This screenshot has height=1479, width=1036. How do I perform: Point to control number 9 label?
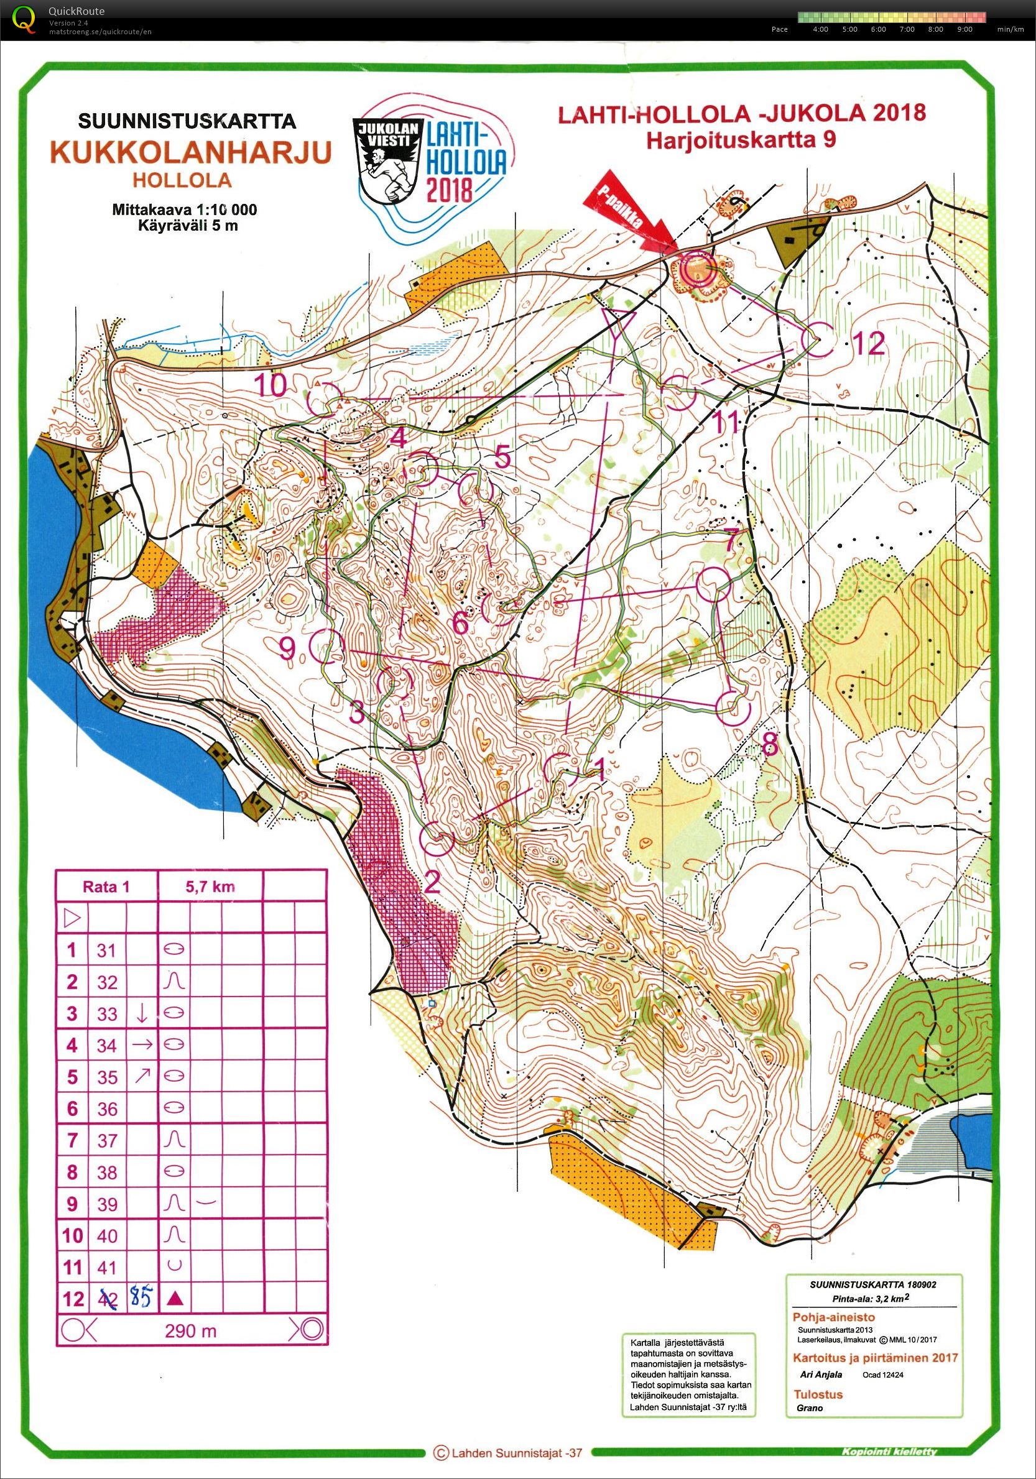pyautogui.click(x=287, y=648)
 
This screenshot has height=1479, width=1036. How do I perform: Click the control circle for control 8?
pyautogui.click(x=734, y=707)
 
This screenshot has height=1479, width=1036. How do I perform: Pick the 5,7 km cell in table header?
pyautogui.click(x=211, y=887)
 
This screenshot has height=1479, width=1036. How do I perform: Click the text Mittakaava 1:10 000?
pyautogui.click(x=184, y=210)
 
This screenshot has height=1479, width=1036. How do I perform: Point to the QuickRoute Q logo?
pyautogui.click(x=24, y=18)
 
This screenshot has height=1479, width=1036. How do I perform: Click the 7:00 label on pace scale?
pyautogui.click(x=907, y=29)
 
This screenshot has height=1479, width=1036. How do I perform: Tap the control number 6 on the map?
pyautogui.click(x=460, y=623)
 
